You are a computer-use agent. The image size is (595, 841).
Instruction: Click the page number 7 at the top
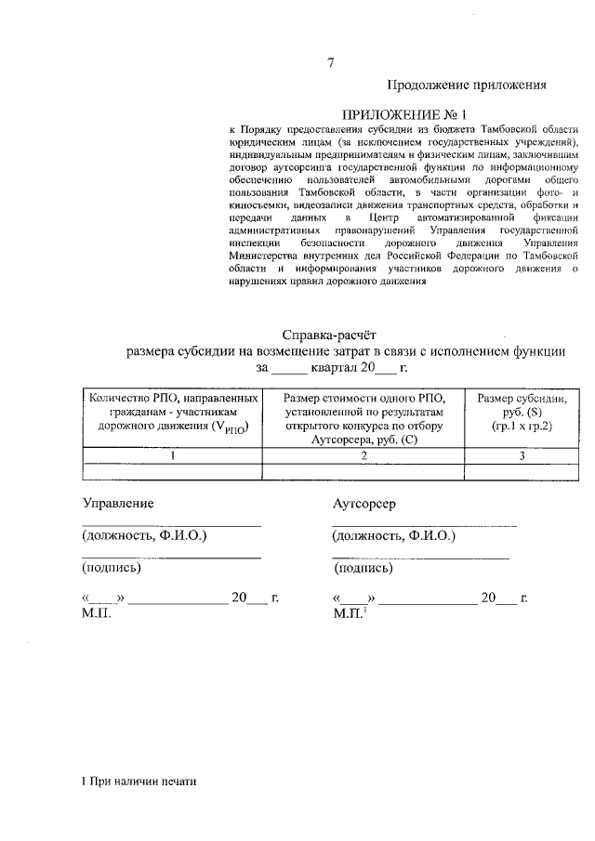click(x=330, y=63)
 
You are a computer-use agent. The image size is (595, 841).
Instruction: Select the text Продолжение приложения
click(x=464, y=85)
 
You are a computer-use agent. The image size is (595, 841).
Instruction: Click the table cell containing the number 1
click(x=174, y=455)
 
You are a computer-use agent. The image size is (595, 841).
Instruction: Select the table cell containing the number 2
click(x=364, y=455)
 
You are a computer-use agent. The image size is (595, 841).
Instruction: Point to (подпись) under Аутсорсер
click(x=362, y=568)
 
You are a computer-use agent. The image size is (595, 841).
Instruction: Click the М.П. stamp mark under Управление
click(x=97, y=614)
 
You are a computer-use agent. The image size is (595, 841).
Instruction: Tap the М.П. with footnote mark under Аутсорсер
click(x=350, y=614)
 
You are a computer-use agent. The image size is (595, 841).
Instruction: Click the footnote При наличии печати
click(x=139, y=782)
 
